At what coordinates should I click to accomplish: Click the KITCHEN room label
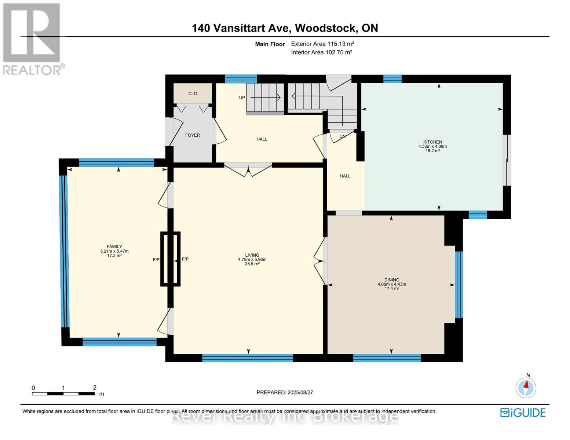[x=432, y=142]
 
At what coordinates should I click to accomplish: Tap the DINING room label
[x=392, y=280]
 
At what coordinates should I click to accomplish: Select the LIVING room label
[x=252, y=255]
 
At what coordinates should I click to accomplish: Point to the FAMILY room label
[x=114, y=247]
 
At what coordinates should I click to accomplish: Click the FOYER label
[x=193, y=135]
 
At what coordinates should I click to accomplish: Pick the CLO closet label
[x=193, y=93]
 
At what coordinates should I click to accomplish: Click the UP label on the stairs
[x=242, y=98]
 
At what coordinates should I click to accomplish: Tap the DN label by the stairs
[x=342, y=136]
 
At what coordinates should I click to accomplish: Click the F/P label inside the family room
[x=156, y=260]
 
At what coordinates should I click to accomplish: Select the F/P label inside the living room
[x=185, y=259]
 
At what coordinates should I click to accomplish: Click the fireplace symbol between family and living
[x=171, y=259]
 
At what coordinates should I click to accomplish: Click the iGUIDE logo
[x=523, y=412]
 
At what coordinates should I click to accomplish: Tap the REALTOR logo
[x=32, y=38]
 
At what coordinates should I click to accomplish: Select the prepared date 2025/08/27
[x=285, y=392]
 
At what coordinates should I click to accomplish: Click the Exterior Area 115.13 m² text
[x=322, y=44]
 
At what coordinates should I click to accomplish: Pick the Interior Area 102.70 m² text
[x=321, y=52]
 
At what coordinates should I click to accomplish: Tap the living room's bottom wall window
[x=247, y=358]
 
